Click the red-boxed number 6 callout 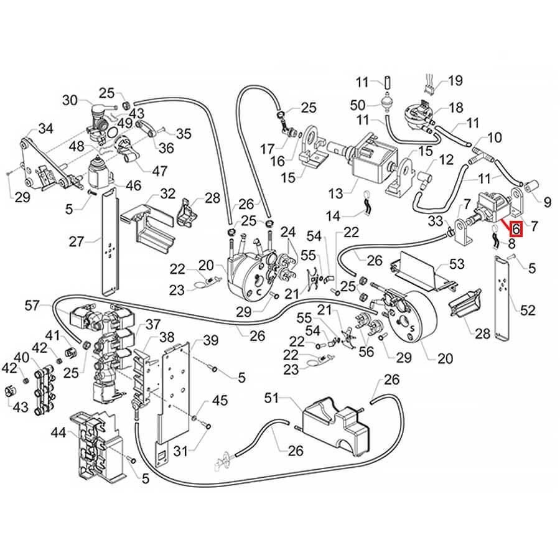tap(516, 230)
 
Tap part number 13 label tap(336, 194)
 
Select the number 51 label tap(271, 398)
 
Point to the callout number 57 tap(32, 305)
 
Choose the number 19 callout tap(455, 80)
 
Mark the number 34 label tap(45, 129)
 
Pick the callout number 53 tap(457, 265)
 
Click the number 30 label tap(70, 100)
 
